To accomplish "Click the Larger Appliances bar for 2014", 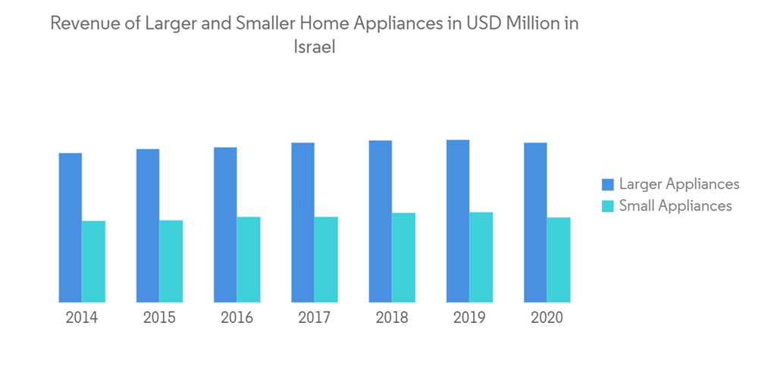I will click(x=70, y=227).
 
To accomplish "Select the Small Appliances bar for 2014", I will click(x=93, y=261).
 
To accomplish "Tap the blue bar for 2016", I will click(x=225, y=224).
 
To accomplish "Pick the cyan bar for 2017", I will click(x=326, y=259).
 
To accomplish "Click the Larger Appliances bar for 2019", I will click(x=458, y=221).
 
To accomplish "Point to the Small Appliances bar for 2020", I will click(x=559, y=260).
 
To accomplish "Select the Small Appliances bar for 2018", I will click(x=403, y=258).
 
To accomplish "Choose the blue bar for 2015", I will click(x=148, y=225).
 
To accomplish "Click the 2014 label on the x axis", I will click(x=82, y=318).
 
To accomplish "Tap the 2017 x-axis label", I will click(x=314, y=318).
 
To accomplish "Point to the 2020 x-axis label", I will click(x=547, y=318).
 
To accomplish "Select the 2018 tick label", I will click(x=392, y=318).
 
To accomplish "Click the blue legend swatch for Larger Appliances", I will click(x=607, y=184).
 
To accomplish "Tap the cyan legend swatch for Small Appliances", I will click(x=607, y=206).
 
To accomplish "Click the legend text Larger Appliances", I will click(x=678, y=184).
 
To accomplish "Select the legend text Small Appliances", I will click(x=675, y=206).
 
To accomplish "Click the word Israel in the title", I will click(x=314, y=47).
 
